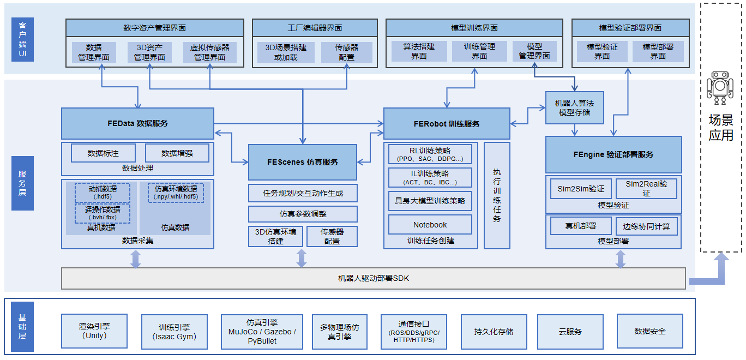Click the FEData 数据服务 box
(137, 123)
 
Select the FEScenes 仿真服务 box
(303, 162)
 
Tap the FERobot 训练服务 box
(447, 123)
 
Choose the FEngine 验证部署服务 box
(613, 154)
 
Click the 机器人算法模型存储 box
(574, 107)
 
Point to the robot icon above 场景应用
(720, 88)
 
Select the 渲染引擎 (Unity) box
(94, 331)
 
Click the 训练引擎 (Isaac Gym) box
(174, 331)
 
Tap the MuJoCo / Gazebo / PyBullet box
(261, 331)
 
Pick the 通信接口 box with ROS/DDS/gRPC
(413, 331)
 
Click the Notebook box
(430, 225)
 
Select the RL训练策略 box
(430, 154)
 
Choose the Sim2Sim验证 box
(581, 189)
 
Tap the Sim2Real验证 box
(646, 188)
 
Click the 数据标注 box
(103, 153)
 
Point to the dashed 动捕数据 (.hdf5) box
(103, 193)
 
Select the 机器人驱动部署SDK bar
(373, 278)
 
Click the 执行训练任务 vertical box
(497, 195)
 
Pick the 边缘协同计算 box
(646, 226)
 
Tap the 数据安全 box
(649, 331)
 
